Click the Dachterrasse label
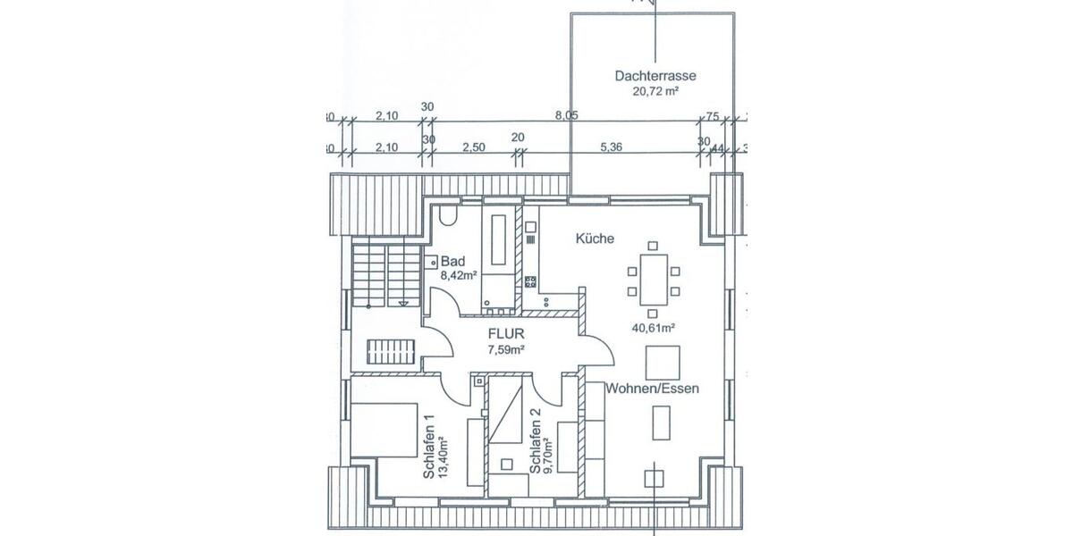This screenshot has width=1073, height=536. tap(655, 76)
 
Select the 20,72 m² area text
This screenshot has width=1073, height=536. tap(655, 90)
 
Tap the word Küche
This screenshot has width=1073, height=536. tap(594, 239)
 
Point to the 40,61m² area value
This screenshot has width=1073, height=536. tap(654, 328)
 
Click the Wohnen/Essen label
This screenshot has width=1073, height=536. tap(652, 389)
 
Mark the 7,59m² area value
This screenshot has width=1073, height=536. tap(504, 349)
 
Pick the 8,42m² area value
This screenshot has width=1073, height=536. tap(457, 275)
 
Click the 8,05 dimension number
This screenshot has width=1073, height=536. tap(567, 115)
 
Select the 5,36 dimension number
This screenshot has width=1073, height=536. tap(612, 147)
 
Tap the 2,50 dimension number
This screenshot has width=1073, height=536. tap(473, 147)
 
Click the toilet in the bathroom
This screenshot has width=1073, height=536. tap(447, 218)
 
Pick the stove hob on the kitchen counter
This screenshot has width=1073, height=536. tap(530, 282)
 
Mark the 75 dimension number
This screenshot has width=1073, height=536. tap(712, 115)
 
